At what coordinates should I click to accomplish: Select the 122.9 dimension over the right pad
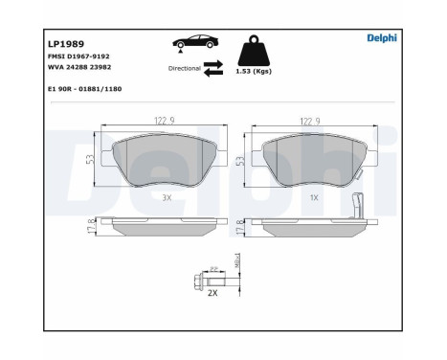pos(309,122)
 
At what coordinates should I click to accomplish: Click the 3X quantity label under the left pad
pos(167,197)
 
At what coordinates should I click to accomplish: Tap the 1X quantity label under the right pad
pos(313,197)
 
